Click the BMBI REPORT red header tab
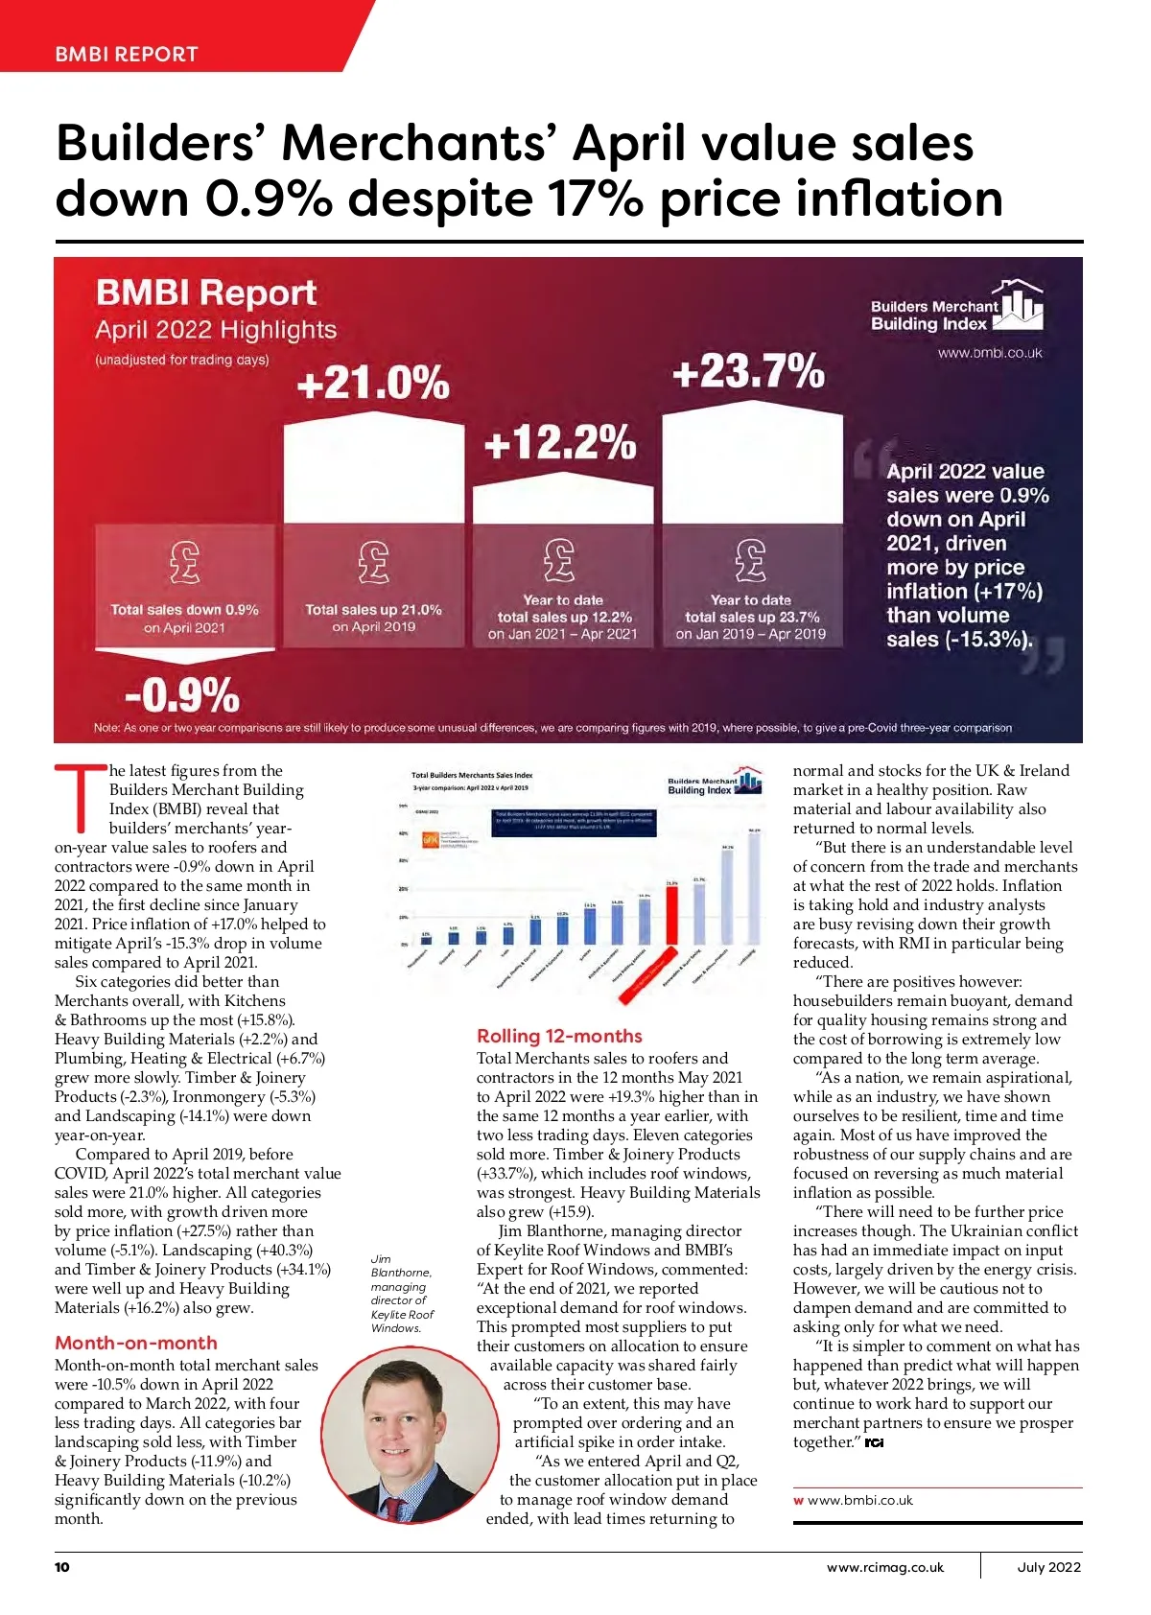point(127,54)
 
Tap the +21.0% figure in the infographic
point(373,383)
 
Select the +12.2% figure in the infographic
point(560,443)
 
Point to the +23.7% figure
point(748,371)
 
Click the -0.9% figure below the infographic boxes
point(182,694)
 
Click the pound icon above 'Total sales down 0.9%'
point(184,562)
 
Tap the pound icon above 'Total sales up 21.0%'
point(373,562)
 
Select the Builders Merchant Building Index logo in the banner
point(955,308)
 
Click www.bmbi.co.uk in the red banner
point(989,353)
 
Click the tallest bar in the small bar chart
point(755,888)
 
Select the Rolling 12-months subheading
point(559,1036)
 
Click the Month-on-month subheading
point(136,1343)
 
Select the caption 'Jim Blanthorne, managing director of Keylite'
point(402,1293)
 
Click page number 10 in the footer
point(62,1567)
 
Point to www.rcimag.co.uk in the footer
point(884,1567)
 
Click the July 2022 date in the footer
point(1048,1567)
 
